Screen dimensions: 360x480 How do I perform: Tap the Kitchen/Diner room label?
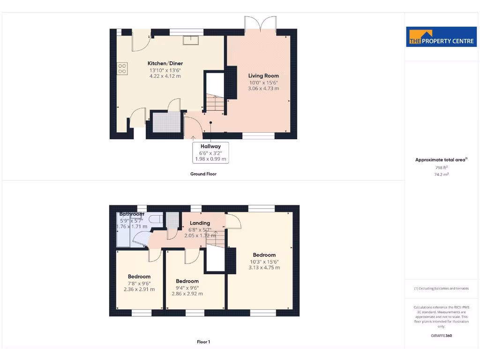click(x=165, y=63)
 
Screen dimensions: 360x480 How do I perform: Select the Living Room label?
click(x=263, y=75)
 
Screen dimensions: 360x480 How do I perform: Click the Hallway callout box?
click(x=210, y=152)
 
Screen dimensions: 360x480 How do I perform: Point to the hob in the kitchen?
click(x=122, y=69)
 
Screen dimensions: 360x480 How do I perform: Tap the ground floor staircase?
click(x=215, y=103)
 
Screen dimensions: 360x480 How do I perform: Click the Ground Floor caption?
click(x=203, y=174)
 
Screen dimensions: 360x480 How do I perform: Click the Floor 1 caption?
click(x=203, y=342)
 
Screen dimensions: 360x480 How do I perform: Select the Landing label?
click(x=200, y=223)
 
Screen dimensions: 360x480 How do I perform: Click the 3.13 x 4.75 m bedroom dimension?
click(x=264, y=268)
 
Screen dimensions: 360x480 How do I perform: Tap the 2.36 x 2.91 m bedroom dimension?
click(x=139, y=289)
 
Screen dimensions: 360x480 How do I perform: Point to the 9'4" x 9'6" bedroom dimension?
click(x=187, y=288)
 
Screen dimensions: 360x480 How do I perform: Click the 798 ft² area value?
click(x=441, y=167)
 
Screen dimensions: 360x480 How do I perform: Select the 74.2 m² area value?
click(x=441, y=174)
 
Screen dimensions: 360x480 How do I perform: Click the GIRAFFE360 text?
click(x=441, y=336)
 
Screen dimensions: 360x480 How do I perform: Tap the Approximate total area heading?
click(x=441, y=160)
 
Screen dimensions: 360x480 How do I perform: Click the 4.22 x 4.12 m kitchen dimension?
click(x=165, y=76)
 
